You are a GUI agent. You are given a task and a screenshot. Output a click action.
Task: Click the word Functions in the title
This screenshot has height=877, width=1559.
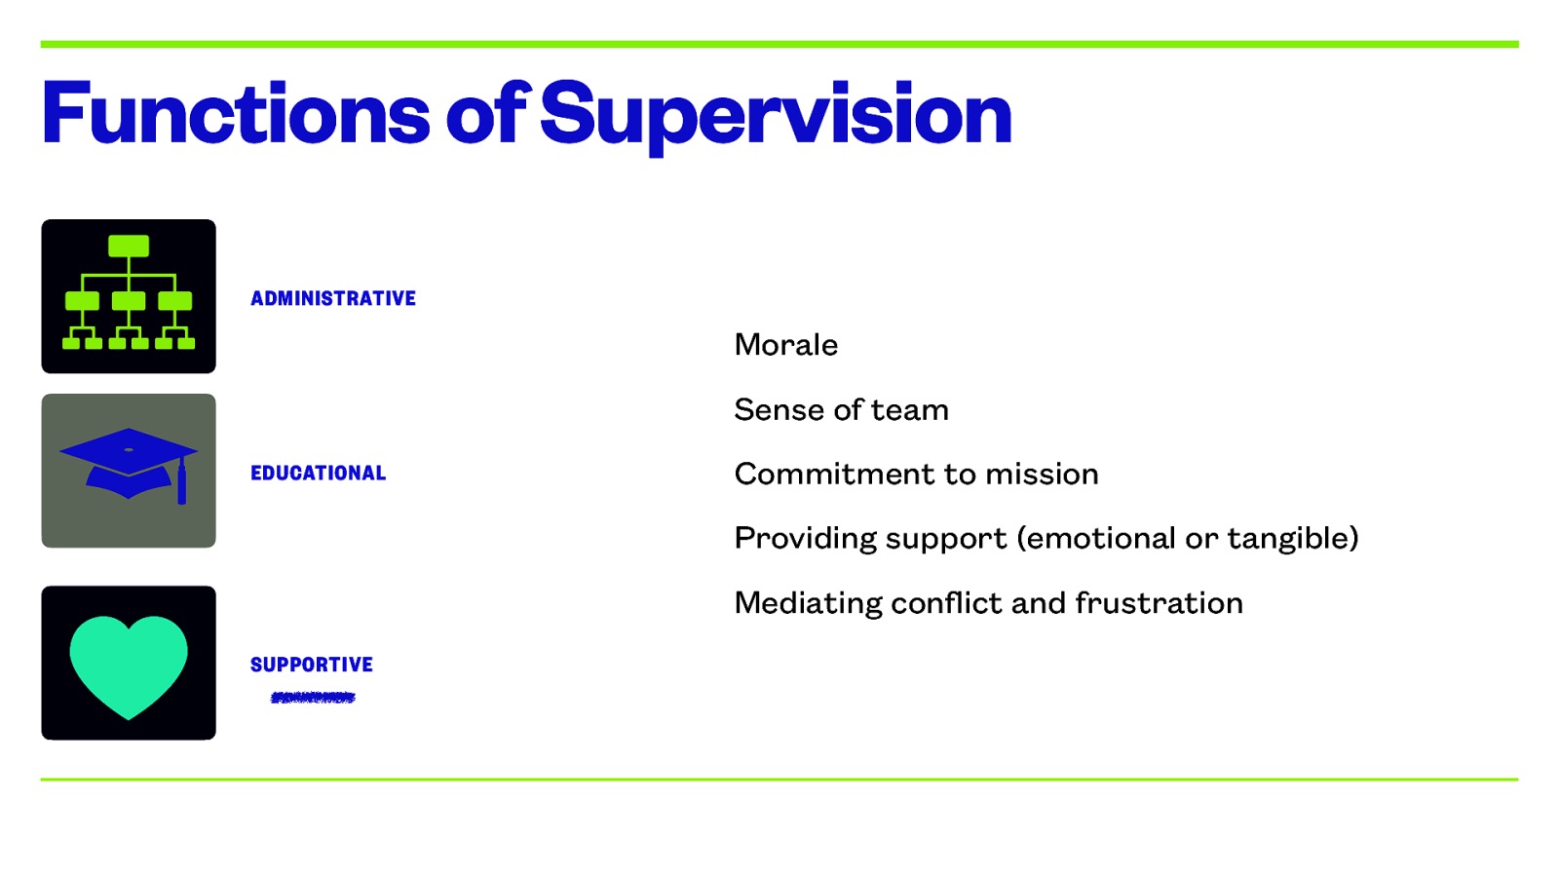click(235, 114)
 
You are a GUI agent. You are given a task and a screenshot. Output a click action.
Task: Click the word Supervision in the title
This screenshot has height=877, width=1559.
click(776, 114)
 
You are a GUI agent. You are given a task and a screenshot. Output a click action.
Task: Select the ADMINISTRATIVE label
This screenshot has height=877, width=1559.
click(333, 298)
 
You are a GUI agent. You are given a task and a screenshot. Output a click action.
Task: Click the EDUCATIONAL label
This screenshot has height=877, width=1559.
click(318, 473)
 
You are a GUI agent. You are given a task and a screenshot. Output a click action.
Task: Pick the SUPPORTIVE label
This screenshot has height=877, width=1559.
click(312, 665)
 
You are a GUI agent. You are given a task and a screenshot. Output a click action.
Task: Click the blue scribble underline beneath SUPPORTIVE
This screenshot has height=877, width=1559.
click(313, 697)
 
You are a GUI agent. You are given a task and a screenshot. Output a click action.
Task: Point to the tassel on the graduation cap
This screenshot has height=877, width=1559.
click(181, 482)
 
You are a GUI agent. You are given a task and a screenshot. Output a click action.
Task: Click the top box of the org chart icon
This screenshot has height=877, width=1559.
click(129, 246)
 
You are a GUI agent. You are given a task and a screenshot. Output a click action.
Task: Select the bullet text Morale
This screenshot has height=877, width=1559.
click(785, 344)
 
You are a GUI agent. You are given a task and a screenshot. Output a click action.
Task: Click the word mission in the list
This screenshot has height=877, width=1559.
click(1042, 474)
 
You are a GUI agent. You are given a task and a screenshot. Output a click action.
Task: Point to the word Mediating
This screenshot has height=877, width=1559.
click(808, 603)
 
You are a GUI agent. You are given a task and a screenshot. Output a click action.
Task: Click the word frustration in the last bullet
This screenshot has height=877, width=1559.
click(1159, 603)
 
